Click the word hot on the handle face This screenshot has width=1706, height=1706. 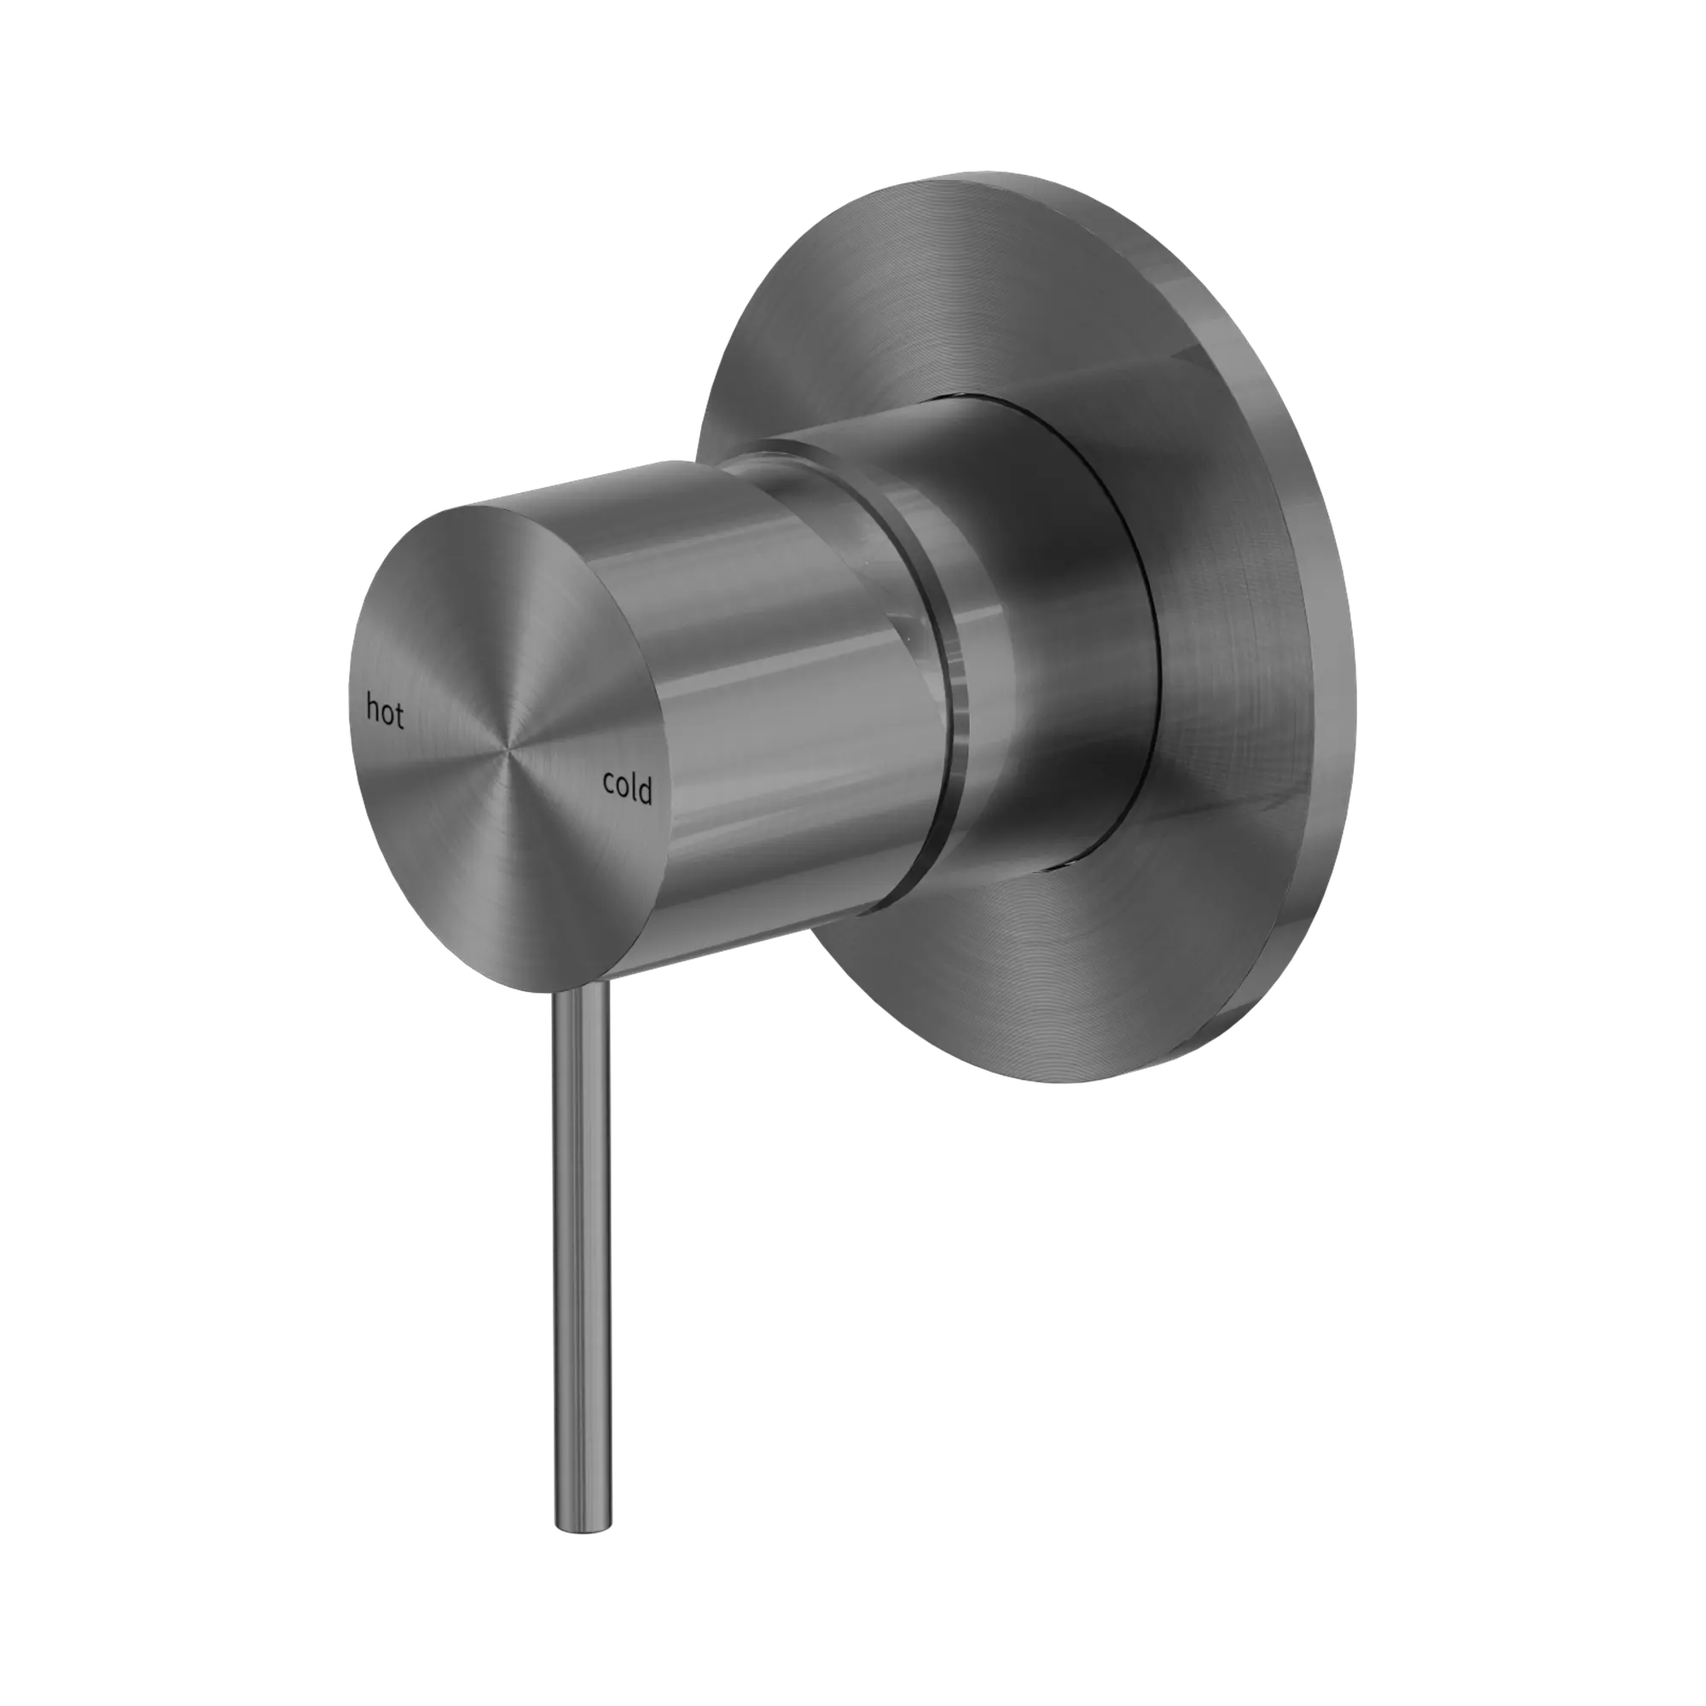point(385,710)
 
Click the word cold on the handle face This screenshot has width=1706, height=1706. point(627,786)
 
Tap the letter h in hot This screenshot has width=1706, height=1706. point(374,707)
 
